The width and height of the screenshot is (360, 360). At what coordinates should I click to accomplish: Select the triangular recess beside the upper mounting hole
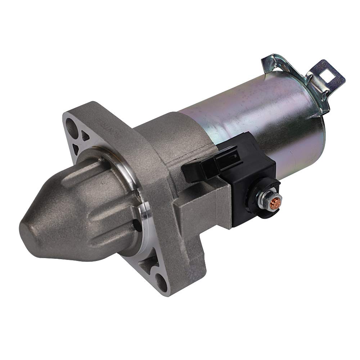(86, 136)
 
